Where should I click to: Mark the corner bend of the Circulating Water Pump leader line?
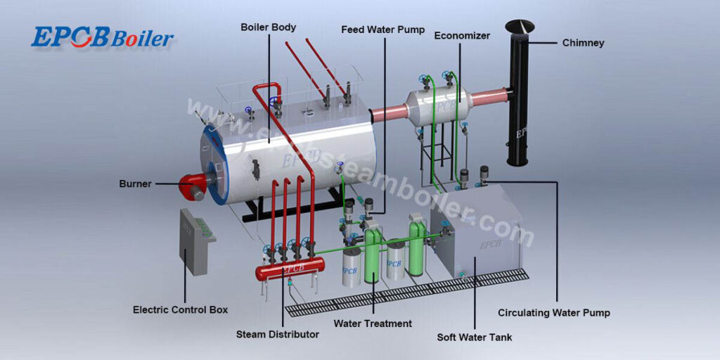[557, 182]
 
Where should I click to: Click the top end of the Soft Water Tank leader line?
[475, 257]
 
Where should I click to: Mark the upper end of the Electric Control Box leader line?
[185, 250]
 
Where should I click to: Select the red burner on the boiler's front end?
[193, 185]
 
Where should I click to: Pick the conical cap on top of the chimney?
[520, 26]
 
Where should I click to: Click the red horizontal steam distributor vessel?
[290, 268]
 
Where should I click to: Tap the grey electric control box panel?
[197, 241]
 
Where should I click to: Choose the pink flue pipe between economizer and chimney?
[489, 97]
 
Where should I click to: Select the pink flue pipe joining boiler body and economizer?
[390, 113]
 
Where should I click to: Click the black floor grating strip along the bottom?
[407, 292]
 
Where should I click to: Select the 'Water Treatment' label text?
[373, 323]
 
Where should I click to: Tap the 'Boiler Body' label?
[268, 27]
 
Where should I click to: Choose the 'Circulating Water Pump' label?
[554, 313]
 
